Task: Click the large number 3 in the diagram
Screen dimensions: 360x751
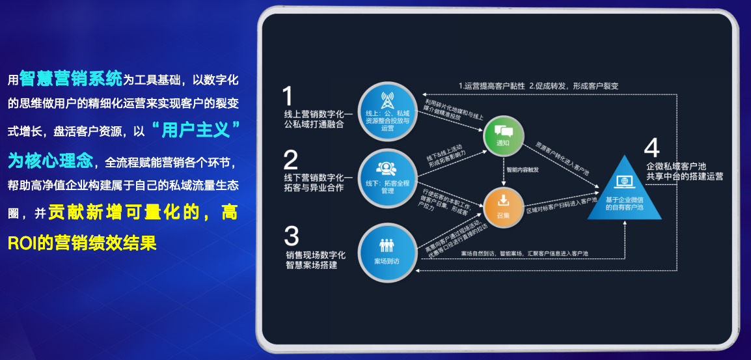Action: click(x=292, y=235)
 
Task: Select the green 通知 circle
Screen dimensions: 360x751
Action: click(x=502, y=135)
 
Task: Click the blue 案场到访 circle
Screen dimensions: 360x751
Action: click(x=388, y=253)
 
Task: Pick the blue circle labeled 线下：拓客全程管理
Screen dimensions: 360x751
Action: click(x=388, y=178)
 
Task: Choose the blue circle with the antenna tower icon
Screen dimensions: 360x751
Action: click(x=388, y=111)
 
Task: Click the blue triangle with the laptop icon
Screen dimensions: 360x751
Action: click(x=624, y=193)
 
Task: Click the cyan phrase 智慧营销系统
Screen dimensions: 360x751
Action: click(x=71, y=79)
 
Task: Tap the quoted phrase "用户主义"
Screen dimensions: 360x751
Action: click(x=194, y=130)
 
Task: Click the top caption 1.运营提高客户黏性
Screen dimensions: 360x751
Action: click(x=493, y=85)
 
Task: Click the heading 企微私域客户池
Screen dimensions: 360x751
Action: click(x=680, y=165)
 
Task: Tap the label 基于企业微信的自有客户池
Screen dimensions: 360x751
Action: click(x=624, y=203)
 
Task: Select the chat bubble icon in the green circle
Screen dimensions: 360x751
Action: click(x=502, y=131)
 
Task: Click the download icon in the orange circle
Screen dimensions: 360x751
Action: click(x=502, y=201)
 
